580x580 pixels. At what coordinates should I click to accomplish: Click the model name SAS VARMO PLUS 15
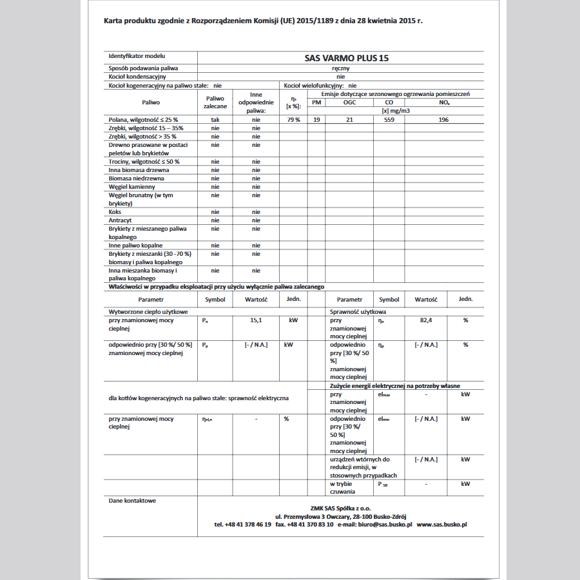tap(347, 58)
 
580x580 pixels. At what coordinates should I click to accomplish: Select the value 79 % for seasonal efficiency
tap(293, 120)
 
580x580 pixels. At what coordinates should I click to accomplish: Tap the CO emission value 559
tap(389, 120)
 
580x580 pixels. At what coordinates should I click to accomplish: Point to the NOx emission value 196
tap(443, 120)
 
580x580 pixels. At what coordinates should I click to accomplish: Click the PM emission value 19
tap(316, 120)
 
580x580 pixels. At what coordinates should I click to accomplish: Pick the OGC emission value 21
tap(349, 120)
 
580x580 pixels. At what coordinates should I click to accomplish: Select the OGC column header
tap(349, 102)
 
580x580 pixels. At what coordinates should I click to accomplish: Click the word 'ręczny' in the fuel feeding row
tap(341, 68)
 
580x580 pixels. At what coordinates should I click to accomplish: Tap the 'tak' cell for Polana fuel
tap(215, 120)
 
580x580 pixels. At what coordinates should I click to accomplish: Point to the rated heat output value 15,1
tap(256, 320)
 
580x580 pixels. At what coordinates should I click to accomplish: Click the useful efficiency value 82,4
tap(425, 320)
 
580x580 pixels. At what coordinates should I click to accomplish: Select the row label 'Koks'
tap(115, 212)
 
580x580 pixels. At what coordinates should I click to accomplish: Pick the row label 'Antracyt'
tap(121, 220)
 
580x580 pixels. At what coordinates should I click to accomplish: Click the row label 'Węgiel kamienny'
tap(132, 187)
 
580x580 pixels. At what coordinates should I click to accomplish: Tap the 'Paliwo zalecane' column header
tap(215, 102)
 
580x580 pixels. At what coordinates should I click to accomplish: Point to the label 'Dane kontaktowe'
tap(132, 500)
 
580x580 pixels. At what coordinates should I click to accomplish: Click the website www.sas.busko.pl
tap(441, 525)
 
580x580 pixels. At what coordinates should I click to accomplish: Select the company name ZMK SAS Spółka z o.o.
tap(341, 508)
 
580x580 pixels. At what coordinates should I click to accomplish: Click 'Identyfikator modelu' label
tap(137, 57)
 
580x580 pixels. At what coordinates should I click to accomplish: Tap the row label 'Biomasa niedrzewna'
tap(136, 179)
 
